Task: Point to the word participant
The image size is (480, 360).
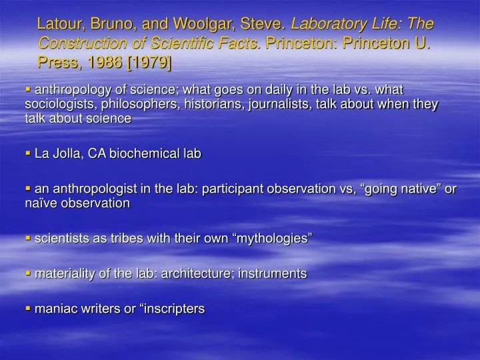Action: (214, 189)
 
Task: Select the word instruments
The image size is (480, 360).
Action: (273, 273)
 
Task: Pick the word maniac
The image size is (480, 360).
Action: (53, 309)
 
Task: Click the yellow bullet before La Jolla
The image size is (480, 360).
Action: (28, 153)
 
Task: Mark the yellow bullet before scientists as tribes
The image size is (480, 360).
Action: (28, 238)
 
